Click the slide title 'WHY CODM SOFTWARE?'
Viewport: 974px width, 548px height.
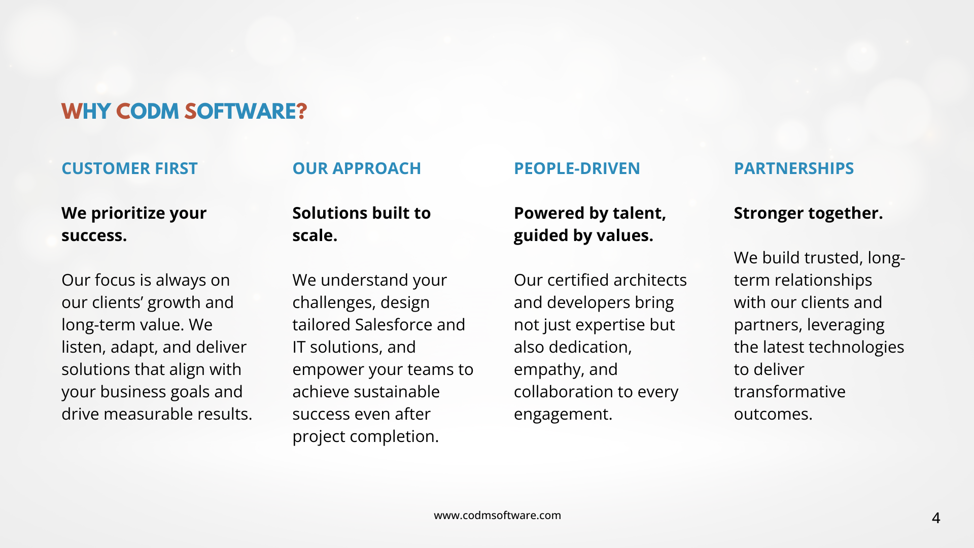[x=184, y=112]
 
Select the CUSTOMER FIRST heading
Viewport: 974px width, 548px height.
[x=129, y=168]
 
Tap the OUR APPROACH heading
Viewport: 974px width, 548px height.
[x=357, y=168]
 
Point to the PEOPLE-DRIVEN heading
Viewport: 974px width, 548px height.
[x=577, y=168]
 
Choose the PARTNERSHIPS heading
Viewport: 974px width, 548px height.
[x=794, y=168]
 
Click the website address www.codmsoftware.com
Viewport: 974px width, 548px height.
[x=497, y=516]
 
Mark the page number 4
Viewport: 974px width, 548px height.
[x=936, y=518]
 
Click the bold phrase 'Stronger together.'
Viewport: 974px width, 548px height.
[x=808, y=214]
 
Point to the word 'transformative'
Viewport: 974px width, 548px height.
[x=789, y=392]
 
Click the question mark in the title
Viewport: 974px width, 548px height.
[x=302, y=112]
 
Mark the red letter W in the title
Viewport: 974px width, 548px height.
[x=72, y=112]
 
